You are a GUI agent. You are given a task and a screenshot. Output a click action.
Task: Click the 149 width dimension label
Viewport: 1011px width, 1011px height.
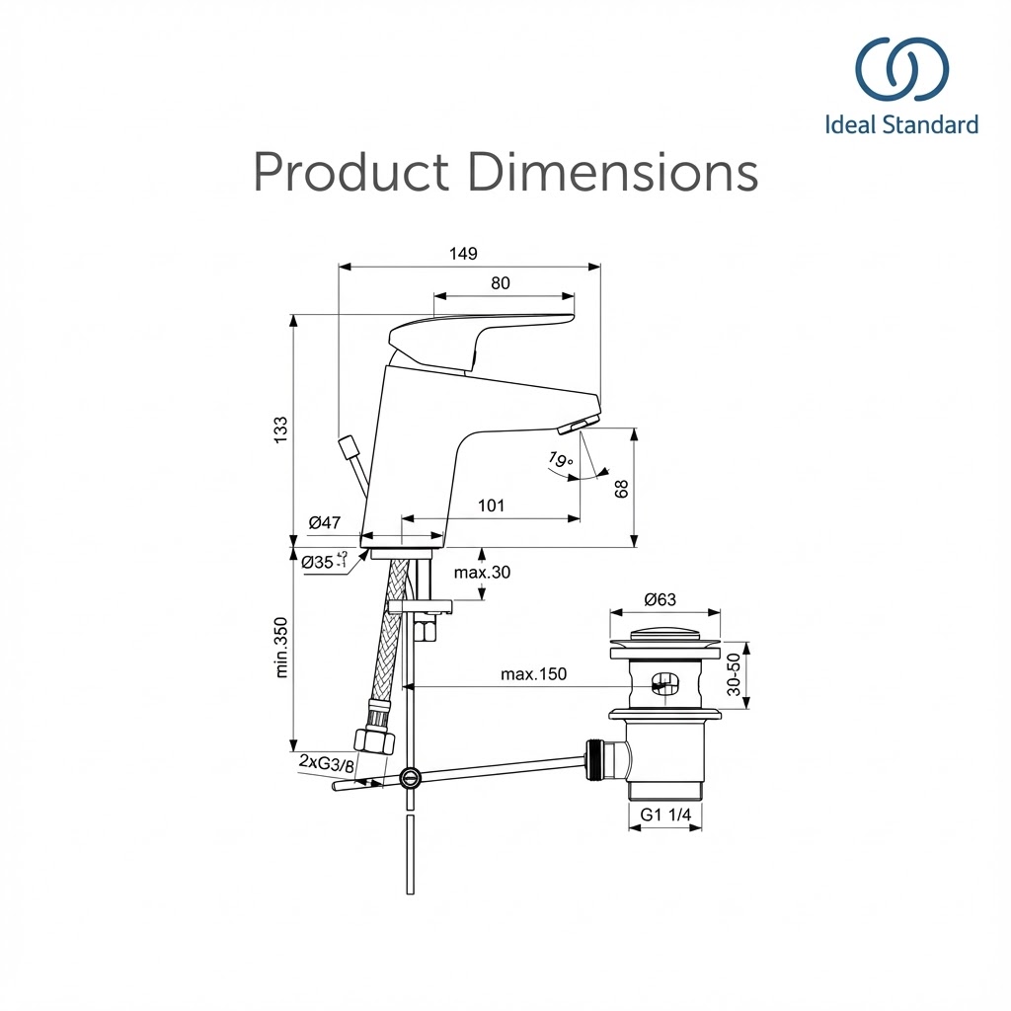click(x=463, y=254)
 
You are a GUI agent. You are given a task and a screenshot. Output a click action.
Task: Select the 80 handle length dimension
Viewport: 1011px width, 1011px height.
click(x=501, y=283)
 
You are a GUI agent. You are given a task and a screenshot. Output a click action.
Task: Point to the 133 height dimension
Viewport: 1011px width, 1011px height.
click(x=281, y=428)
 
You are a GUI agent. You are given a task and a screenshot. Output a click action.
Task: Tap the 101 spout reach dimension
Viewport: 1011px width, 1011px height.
click(x=491, y=506)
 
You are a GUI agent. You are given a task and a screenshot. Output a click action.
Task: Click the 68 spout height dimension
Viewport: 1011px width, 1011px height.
click(x=621, y=488)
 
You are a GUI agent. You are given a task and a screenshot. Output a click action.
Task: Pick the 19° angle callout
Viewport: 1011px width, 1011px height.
click(x=561, y=460)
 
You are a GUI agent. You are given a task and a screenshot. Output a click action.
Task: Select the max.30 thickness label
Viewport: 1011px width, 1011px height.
click(x=482, y=573)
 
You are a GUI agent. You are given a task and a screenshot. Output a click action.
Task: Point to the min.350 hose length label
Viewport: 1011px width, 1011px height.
click(x=281, y=647)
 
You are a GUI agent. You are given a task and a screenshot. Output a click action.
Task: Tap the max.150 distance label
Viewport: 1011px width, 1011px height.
click(x=533, y=674)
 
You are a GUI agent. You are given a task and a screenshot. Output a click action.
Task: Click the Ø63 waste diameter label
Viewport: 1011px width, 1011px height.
click(x=661, y=599)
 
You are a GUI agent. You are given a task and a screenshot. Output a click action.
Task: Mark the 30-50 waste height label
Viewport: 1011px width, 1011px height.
click(x=734, y=675)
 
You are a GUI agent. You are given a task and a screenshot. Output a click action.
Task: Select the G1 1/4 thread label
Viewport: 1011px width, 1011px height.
click(x=665, y=815)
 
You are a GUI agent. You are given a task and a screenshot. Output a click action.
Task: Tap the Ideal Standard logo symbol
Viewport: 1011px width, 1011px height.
click(x=901, y=72)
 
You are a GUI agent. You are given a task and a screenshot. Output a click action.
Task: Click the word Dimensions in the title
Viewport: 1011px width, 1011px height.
click(x=613, y=172)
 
